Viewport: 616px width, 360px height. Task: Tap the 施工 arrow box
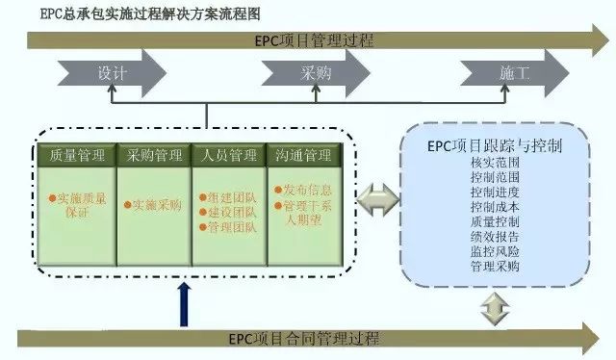(512, 73)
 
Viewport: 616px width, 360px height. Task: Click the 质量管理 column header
(76, 155)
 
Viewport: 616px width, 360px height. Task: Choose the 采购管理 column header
(154, 155)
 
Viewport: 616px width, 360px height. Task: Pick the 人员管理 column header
(230, 155)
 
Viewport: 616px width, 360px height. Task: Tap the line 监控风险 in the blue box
(496, 250)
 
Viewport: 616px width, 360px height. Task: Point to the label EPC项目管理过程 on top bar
(309, 40)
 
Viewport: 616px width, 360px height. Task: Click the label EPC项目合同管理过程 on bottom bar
(309, 338)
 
